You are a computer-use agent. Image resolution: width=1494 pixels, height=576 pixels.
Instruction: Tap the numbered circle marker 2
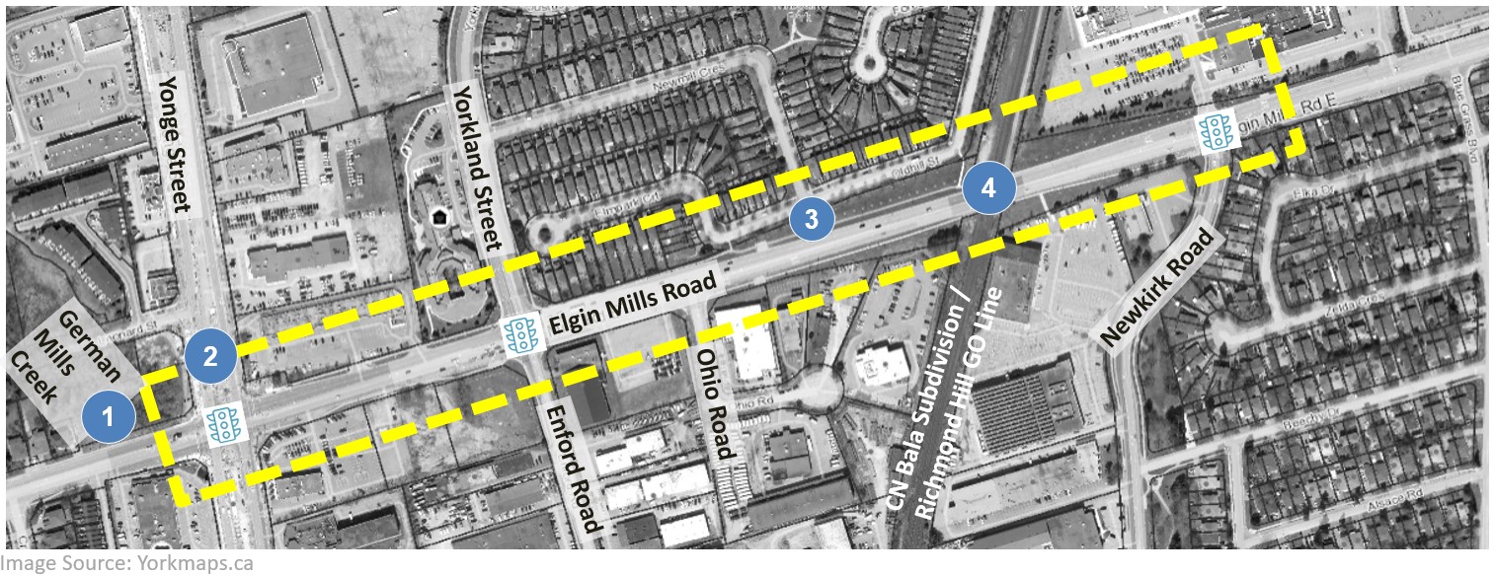point(209,355)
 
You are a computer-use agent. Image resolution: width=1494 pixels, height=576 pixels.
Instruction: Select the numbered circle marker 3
point(812,220)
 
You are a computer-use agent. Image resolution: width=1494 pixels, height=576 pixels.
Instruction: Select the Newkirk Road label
point(1155,286)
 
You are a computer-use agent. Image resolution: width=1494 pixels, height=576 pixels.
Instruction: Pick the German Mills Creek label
point(71,367)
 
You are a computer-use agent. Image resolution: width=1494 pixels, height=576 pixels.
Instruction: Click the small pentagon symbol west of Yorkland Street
point(438,216)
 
